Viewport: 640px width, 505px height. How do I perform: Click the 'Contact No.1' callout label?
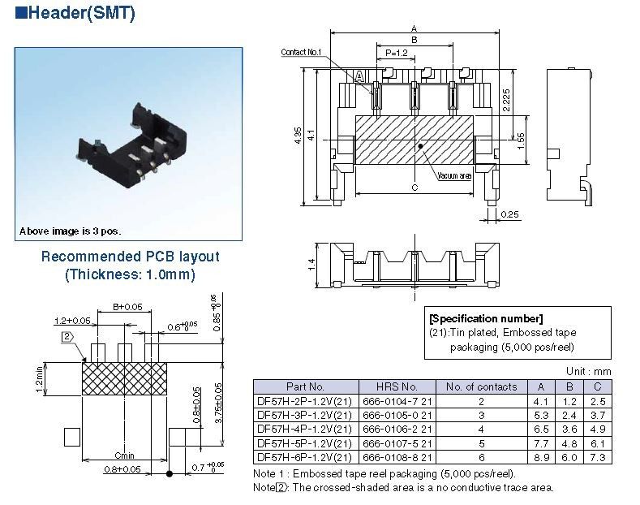[302, 52]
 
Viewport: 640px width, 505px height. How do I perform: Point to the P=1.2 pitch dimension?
[396, 53]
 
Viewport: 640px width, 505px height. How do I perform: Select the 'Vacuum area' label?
[454, 175]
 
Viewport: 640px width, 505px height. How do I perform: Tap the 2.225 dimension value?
[505, 100]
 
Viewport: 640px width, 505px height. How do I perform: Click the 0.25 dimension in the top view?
[509, 214]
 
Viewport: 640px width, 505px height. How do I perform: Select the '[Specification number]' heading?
[487, 318]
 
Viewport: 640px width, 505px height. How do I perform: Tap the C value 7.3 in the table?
[598, 458]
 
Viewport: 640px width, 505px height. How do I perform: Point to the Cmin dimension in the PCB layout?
[124, 455]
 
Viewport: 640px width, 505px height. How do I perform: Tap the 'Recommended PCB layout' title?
[130, 257]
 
